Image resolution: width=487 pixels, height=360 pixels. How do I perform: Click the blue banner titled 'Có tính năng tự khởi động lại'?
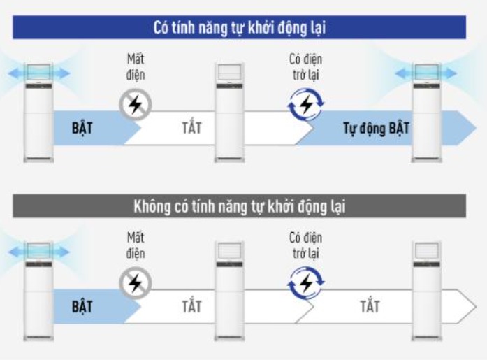click(x=239, y=27)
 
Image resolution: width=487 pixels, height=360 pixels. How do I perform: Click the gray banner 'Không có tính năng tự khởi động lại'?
click(x=239, y=206)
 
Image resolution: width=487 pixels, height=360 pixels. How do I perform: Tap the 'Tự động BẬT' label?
click(x=376, y=129)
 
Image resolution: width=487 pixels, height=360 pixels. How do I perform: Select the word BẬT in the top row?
click(x=82, y=128)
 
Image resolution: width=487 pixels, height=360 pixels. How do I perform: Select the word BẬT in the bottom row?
click(x=82, y=307)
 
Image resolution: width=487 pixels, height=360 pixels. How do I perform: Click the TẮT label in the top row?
click(x=191, y=128)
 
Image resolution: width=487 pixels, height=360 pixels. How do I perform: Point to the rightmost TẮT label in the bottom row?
click(x=370, y=306)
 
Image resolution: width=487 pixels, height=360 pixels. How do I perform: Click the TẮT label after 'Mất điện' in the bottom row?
click(x=191, y=306)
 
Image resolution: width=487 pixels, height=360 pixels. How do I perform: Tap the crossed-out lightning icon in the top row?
click(x=136, y=105)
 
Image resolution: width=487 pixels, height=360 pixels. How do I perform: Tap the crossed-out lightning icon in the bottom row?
click(x=136, y=283)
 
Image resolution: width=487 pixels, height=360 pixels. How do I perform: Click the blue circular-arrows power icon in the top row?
click(x=306, y=104)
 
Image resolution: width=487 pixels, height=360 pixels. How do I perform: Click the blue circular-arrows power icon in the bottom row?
click(x=306, y=283)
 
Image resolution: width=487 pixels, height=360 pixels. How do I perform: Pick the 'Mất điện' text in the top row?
click(x=136, y=67)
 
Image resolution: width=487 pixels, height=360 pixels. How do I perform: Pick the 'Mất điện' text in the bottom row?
click(x=136, y=245)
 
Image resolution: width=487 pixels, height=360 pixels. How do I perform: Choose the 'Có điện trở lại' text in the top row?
click(x=305, y=67)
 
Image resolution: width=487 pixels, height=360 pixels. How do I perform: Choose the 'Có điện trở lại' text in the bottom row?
click(x=305, y=245)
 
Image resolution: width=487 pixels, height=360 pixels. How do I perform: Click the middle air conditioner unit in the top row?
click(x=229, y=113)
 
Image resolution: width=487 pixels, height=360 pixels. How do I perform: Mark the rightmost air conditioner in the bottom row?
click(x=427, y=291)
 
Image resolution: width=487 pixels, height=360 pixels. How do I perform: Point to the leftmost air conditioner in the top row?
click(x=38, y=113)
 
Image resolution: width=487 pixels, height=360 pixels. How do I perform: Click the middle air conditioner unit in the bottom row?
click(x=229, y=291)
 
